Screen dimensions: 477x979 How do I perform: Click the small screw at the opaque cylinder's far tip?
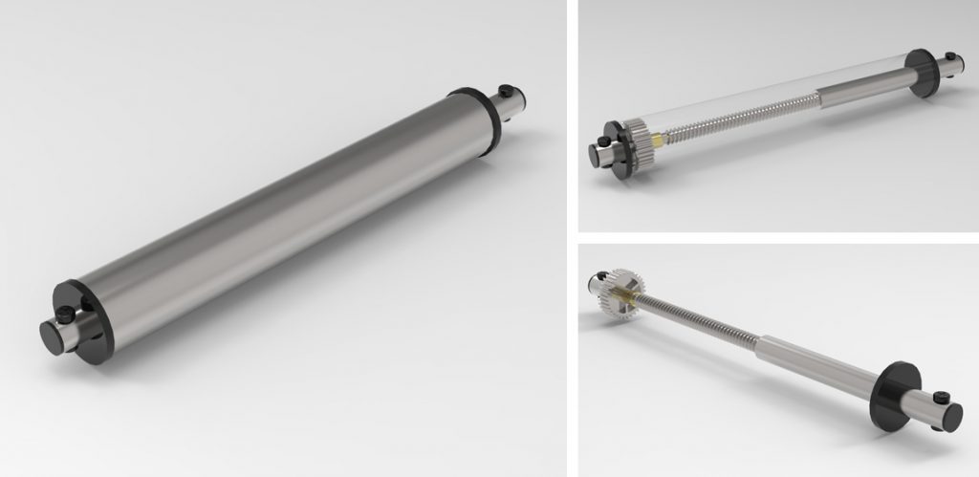coord(506,92)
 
